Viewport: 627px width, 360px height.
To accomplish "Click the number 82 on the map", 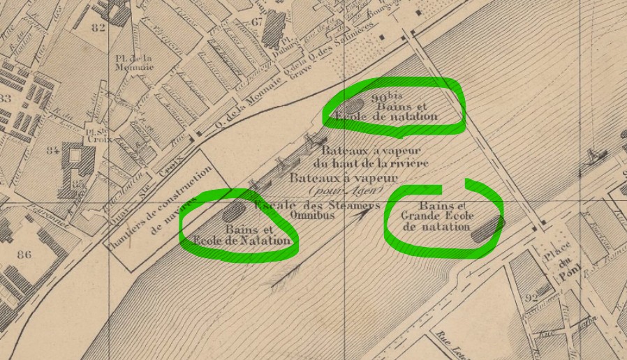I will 97,28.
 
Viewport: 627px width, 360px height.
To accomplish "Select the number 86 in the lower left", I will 24,255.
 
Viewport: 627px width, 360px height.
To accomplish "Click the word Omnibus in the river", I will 309,216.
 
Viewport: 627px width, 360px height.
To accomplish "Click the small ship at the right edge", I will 596,153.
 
